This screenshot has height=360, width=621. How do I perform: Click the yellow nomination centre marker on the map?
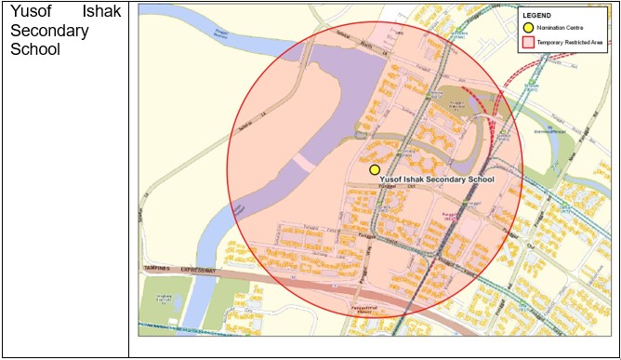[375, 169]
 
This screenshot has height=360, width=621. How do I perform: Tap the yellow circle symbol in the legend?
[527, 29]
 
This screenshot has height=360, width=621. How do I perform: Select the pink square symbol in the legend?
[527, 43]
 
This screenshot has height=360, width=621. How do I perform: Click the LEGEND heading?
[537, 16]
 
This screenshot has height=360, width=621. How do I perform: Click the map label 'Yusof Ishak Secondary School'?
[438, 179]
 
